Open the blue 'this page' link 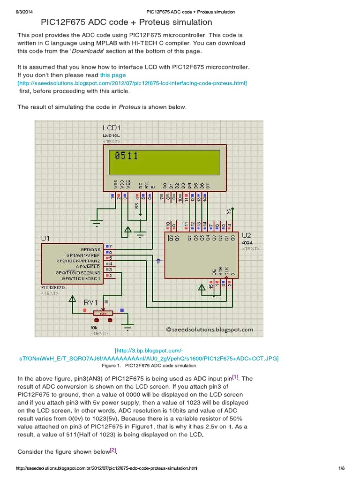pos(113,75)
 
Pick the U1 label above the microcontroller pos(45,239)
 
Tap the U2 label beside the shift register pos(247,235)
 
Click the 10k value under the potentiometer pos(94,327)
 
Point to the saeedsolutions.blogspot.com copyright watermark pos(210,330)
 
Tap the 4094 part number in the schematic pos(247,242)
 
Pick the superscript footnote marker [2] pos(112,450)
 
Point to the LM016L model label pos(112,135)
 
